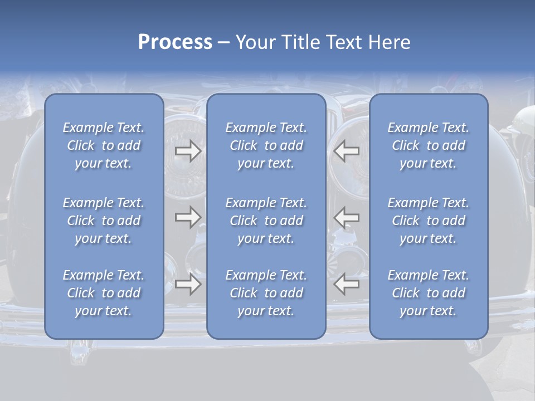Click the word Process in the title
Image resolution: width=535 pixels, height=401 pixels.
pyautogui.click(x=175, y=42)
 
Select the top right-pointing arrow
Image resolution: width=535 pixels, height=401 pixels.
pyautogui.click(x=188, y=151)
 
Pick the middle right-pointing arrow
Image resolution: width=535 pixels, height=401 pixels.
pyautogui.click(x=188, y=217)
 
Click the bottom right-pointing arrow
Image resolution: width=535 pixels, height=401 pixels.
pyautogui.click(x=188, y=284)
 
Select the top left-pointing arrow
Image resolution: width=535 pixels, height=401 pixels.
pyautogui.click(x=346, y=151)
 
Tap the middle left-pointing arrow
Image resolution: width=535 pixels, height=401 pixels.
pyautogui.click(x=346, y=217)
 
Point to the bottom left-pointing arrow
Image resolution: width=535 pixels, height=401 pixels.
pyautogui.click(x=346, y=284)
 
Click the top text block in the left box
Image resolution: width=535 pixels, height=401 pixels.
pyautogui.click(x=104, y=145)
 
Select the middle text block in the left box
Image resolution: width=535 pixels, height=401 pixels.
pyautogui.click(x=104, y=221)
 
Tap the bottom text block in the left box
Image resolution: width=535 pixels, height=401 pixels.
pyautogui.click(x=104, y=293)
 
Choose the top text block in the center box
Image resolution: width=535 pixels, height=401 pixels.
pyautogui.click(x=266, y=145)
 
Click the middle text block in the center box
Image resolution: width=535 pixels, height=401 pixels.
pyautogui.click(x=266, y=221)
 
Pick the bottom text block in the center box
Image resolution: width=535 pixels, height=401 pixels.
pyautogui.click(x=266, y=293)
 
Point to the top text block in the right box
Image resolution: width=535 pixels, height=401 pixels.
pyautogui.click(x=428, y=145)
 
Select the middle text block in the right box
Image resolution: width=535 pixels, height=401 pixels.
pyautogui.click(x=428, y=221)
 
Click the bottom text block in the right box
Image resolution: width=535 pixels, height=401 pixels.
pyautogui.click(x=428, y=293)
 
